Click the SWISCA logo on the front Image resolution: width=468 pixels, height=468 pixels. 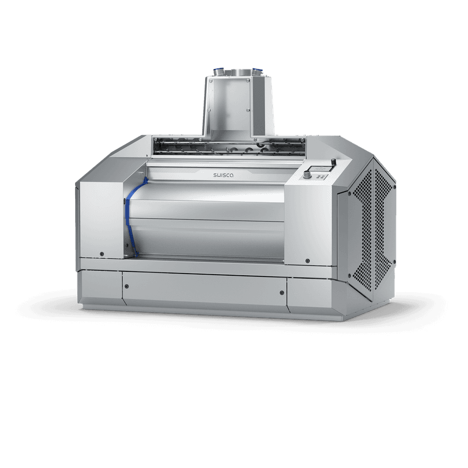[223, 176]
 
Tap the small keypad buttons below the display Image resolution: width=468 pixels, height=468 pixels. [320, 176]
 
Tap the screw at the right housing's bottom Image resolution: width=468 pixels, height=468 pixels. [307, 261]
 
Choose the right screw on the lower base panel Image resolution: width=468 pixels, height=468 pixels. [282, 293]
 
